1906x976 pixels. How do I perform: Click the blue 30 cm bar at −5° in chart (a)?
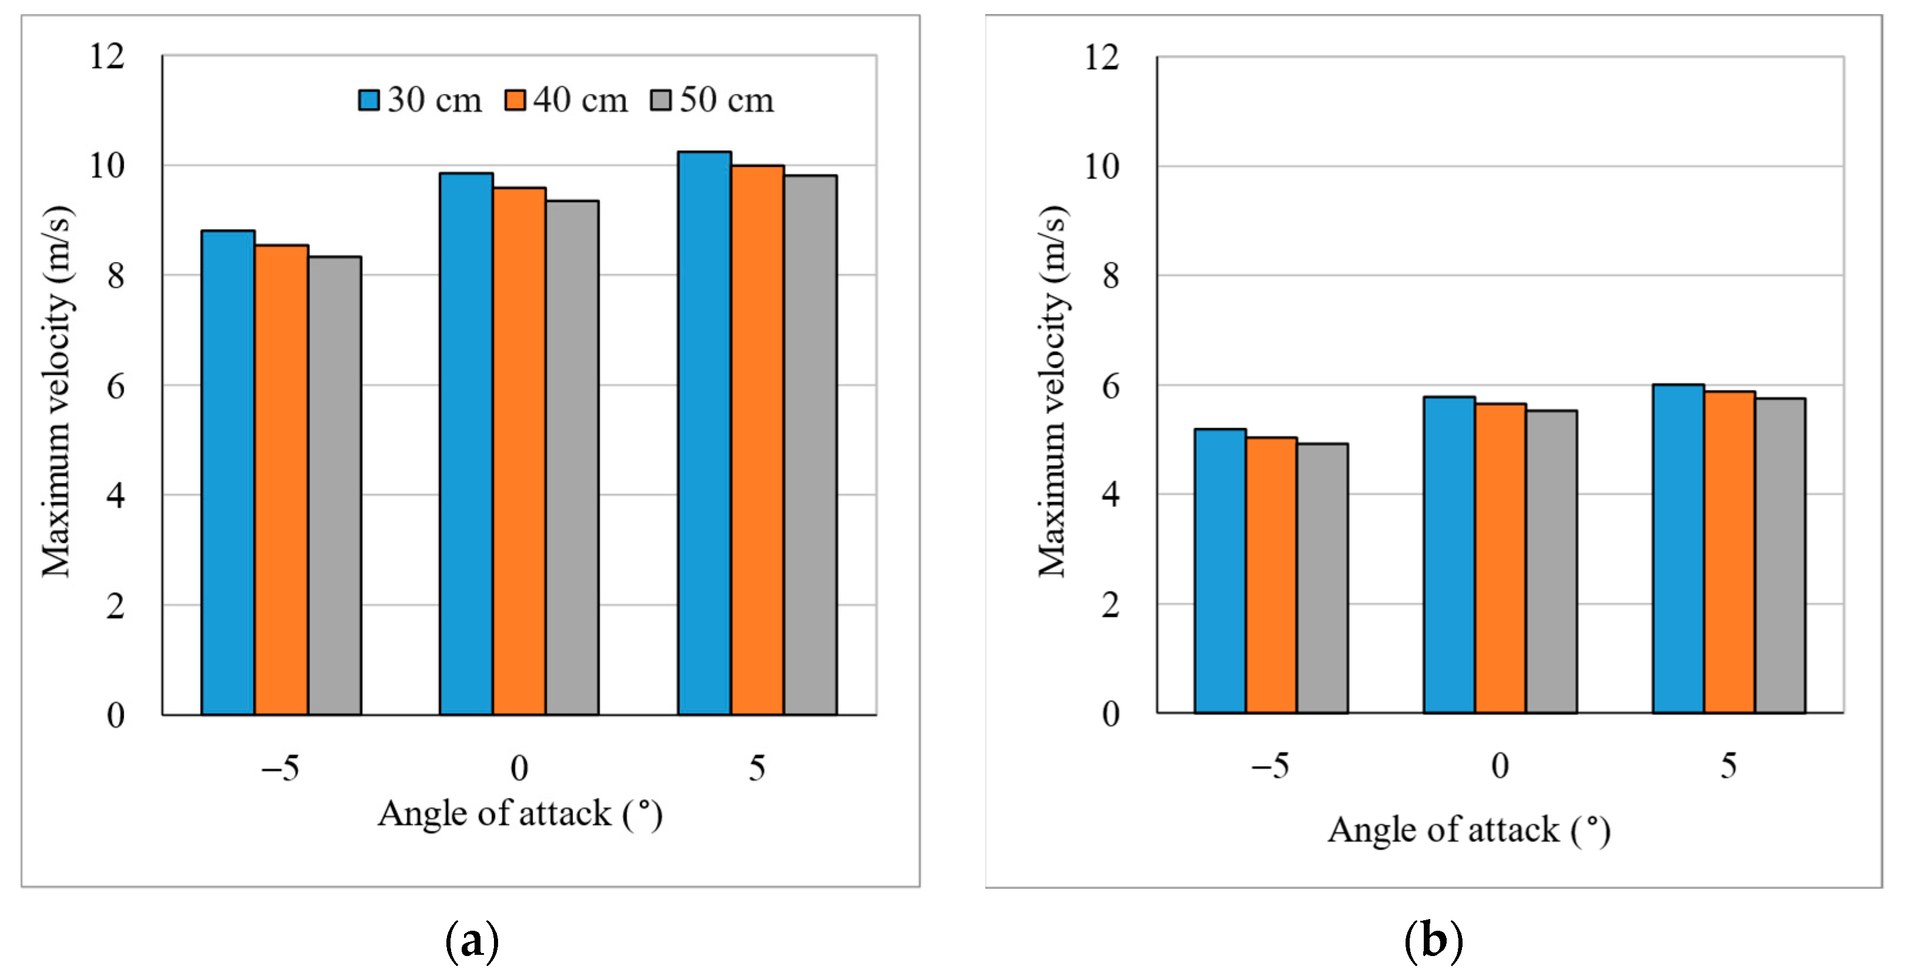[228, 474]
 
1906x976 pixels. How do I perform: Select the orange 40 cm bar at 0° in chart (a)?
[519, 451]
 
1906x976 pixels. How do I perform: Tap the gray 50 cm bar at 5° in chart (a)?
[811, 444]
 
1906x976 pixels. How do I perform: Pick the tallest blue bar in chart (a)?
[704, 433]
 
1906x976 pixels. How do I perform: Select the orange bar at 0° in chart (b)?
[1501, 559]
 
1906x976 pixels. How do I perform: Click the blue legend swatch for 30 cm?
[368, 100]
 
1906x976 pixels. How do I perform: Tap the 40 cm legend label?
[580, 100]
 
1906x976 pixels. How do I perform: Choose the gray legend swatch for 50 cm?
[661, 100]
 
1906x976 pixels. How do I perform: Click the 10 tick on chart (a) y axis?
[107, 166]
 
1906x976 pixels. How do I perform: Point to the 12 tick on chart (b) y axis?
[1102, 57]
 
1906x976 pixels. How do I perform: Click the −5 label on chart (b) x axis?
[1270, 765]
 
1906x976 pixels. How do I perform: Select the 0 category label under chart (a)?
[519, 768]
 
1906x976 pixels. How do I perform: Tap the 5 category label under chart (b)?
[1729, 765]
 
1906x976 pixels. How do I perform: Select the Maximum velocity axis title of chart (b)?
[1052, 391]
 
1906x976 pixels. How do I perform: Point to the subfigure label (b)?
[1433, 941]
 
